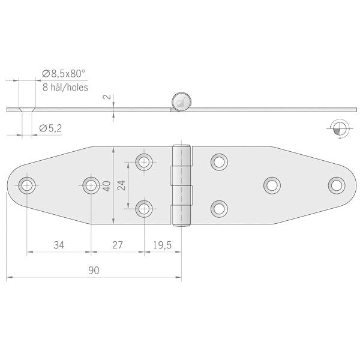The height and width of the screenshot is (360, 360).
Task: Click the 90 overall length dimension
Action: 93,270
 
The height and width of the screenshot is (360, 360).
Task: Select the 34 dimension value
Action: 59,245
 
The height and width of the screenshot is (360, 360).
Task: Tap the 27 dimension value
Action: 117,245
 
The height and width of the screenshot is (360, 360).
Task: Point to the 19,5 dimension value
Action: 161,245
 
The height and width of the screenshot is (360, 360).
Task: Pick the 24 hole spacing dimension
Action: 122,185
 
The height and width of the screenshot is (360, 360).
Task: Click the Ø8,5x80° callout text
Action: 64,74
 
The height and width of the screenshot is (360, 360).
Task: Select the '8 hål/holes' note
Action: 65,87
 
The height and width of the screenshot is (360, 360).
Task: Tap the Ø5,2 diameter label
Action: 51,128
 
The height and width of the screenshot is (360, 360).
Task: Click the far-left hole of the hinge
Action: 27,185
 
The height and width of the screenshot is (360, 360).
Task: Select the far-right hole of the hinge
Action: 337,185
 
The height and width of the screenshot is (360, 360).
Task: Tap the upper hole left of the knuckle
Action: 144,161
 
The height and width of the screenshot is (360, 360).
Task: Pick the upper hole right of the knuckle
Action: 219,161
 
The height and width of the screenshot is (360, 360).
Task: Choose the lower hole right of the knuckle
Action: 219,208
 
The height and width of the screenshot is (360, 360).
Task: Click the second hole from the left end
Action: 91,185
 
